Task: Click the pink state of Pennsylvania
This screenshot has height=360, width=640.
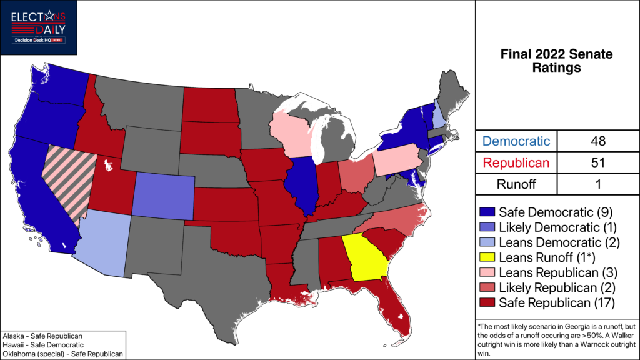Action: [x=397, y=160]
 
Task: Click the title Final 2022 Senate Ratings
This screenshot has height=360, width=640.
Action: [x=556, y=61]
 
